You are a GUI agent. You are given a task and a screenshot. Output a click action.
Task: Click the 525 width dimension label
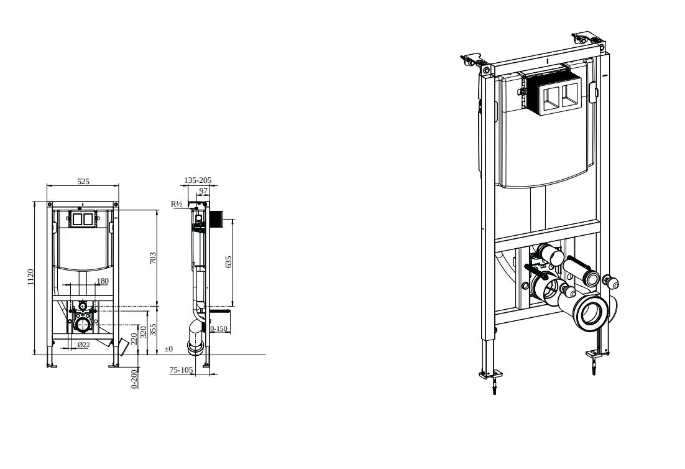[83, 181]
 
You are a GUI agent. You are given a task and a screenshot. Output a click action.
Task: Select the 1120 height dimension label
[30, 277]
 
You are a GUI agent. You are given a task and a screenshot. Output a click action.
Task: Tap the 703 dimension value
[152, 258]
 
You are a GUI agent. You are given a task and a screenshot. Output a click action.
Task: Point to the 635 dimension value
[229, 262]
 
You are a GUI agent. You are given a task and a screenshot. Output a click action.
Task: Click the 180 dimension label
[102, 281]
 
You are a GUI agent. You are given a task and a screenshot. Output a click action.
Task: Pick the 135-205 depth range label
[198, 180]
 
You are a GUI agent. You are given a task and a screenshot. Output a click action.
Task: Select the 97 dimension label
[204, 190]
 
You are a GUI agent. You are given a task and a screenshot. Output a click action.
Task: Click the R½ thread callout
[177, 203]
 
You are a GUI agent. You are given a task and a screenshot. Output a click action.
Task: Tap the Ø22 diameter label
[83, 345]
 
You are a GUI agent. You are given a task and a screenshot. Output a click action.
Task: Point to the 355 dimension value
[152, 330]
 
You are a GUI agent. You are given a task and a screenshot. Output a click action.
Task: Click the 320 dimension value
[144, 332]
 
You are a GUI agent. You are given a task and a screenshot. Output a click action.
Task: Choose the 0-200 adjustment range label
[134, 379]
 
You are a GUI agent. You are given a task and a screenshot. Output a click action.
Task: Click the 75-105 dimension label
[181, 369]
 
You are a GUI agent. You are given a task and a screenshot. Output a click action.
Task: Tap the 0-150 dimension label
[219, 328]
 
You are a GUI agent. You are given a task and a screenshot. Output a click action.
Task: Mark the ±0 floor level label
[168, 349]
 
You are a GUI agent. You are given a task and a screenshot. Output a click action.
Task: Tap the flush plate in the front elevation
[82, 219]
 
